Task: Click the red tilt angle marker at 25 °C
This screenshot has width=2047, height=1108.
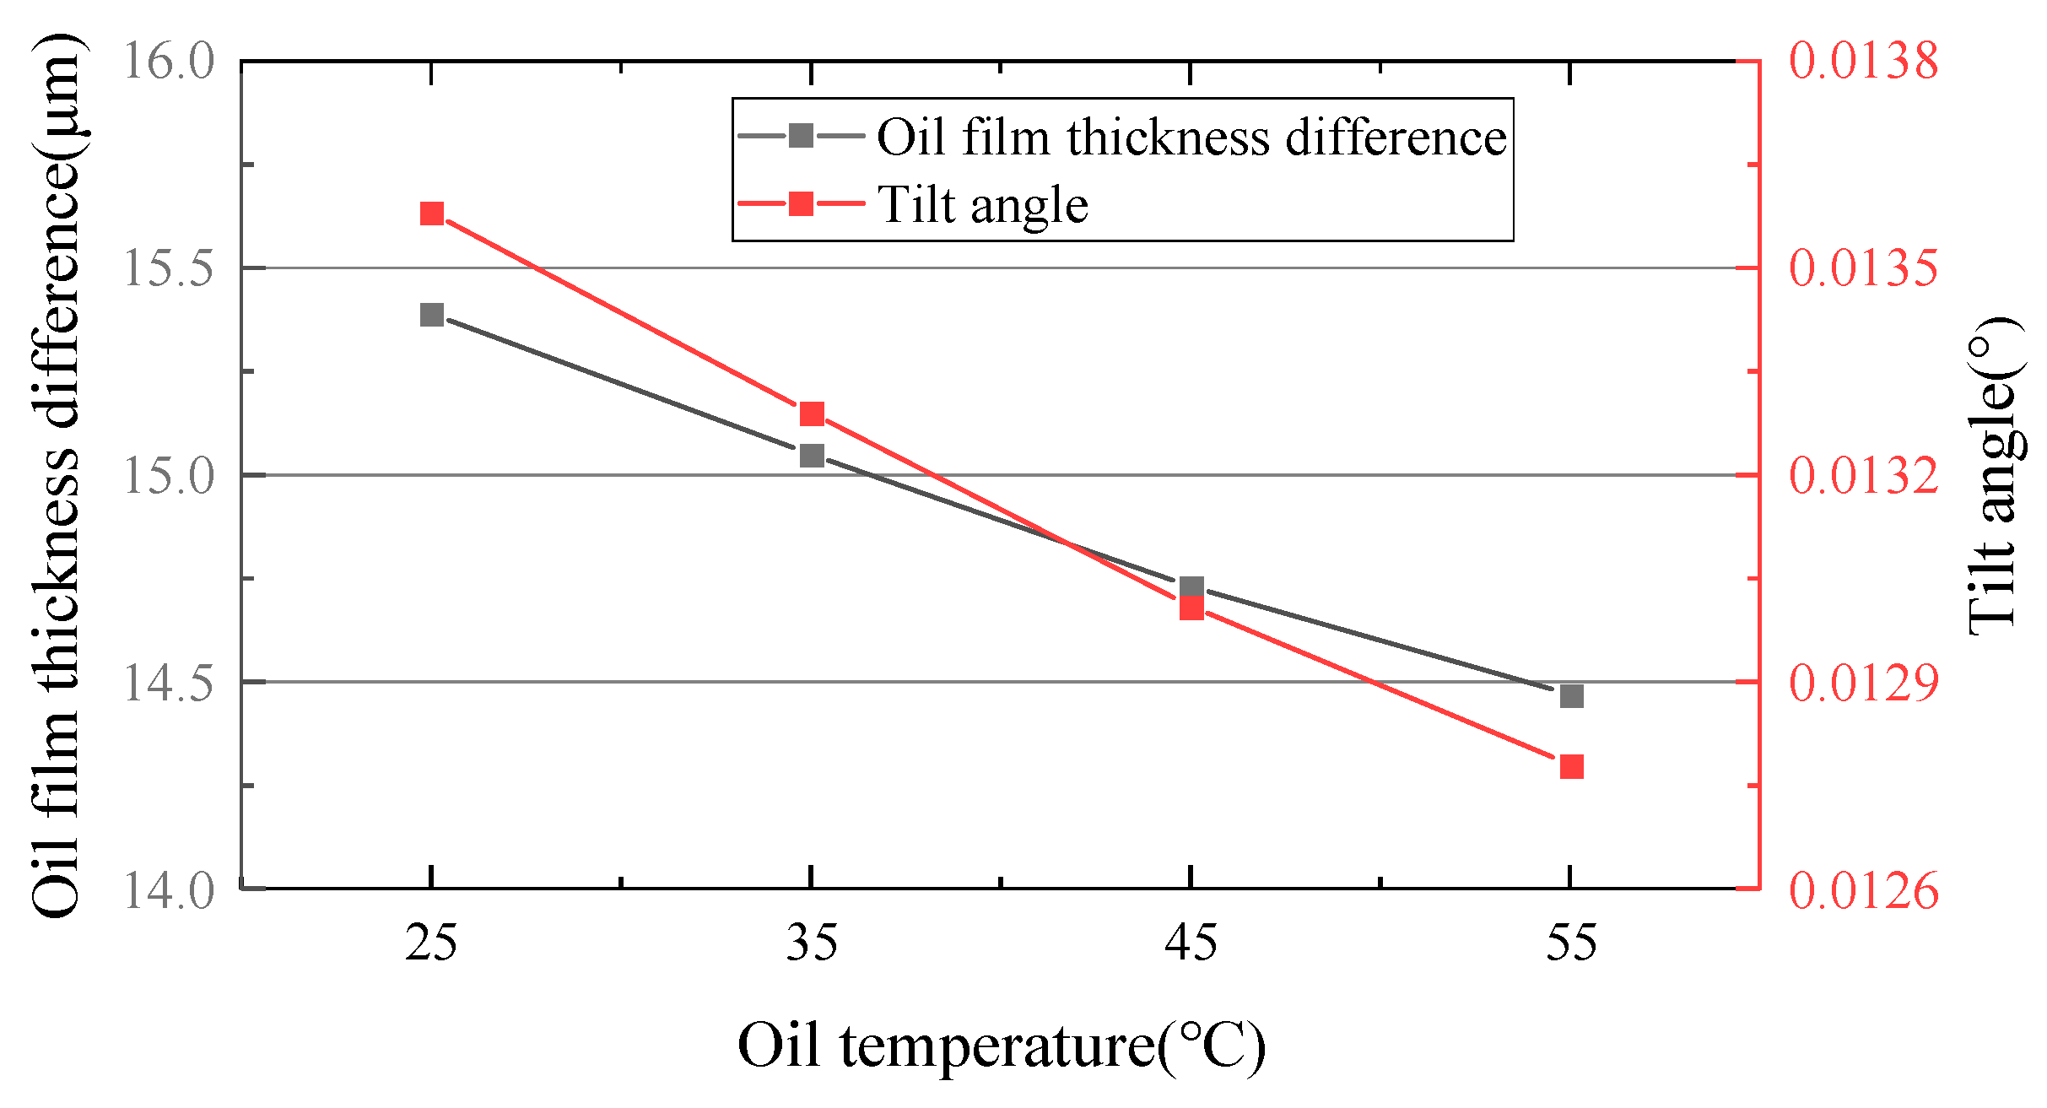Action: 432,213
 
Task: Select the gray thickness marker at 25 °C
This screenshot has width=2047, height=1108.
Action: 432,315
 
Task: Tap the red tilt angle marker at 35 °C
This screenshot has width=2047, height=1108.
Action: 812,413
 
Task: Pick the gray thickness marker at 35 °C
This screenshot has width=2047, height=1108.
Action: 812,456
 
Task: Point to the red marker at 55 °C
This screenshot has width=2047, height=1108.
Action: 1571,766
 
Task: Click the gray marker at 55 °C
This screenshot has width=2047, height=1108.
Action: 1571,696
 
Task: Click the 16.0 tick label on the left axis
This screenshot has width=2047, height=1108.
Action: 169,61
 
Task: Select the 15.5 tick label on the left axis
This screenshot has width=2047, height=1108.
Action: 169,268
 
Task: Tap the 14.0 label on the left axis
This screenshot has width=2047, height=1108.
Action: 169,890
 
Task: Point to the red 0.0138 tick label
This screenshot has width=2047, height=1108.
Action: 1864,61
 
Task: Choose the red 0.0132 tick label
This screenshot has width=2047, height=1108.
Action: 1864,475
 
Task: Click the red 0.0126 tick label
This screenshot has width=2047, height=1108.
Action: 1864,890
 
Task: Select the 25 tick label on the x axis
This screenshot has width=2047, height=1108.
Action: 431,943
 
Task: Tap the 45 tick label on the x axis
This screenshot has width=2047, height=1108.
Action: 1191,943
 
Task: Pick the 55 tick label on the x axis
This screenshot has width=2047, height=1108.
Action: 1571,943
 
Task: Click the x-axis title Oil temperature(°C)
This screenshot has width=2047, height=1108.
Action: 1002,1046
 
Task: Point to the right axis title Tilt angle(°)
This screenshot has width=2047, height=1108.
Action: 1996,475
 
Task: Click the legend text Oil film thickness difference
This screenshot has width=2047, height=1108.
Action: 1191,137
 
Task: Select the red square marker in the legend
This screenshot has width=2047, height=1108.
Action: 801,203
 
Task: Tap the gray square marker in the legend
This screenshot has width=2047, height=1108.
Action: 801,135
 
